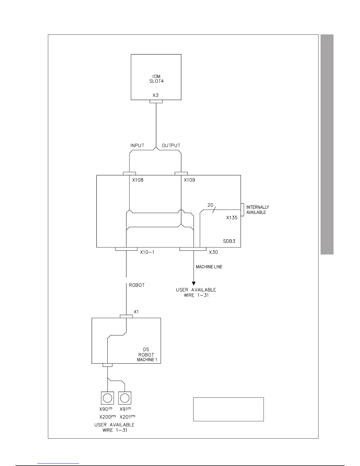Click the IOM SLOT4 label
(156, 79)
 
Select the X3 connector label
(156, 95)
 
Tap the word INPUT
(137, 146)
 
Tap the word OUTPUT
(171, 146)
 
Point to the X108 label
(138, 180)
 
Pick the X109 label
(189, 180)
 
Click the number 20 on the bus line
(210, 205)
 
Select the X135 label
(232, 218)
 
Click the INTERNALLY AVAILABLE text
(257, 210)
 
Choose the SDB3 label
(229, 242)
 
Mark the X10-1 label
(147, 252)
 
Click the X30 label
(214, 252)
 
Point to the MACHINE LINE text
(209, 267)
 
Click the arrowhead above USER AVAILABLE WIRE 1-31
(194, 284)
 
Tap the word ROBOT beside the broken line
(137, 285)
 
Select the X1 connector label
(136, 312)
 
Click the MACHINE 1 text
(147, 360)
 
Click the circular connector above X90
(108, 398)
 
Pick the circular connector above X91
(125, 398)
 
